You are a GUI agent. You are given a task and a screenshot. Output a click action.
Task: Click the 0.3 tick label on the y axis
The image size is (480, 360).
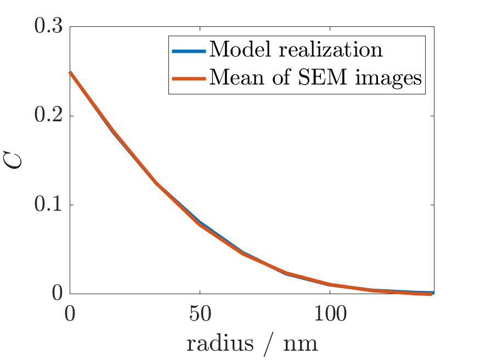click(x=48, y=27)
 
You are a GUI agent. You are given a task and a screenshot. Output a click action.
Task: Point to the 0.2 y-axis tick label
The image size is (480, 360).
click(x=48, y=116)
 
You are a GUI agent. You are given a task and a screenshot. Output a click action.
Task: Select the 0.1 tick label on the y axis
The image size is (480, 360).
click(x=48, y=205)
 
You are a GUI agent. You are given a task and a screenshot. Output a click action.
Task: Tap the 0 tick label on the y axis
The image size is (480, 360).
click(x=58, y=294)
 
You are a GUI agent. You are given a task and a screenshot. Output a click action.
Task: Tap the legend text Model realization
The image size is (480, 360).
click(x=296, y=50)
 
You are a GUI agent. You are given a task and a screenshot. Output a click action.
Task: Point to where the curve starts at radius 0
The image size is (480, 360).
click(x=70, y=72)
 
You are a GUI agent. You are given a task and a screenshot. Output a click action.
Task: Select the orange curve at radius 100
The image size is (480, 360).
click(x=329, y=285)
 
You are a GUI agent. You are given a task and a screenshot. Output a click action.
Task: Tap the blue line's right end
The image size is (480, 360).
click(x=433, y=292)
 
